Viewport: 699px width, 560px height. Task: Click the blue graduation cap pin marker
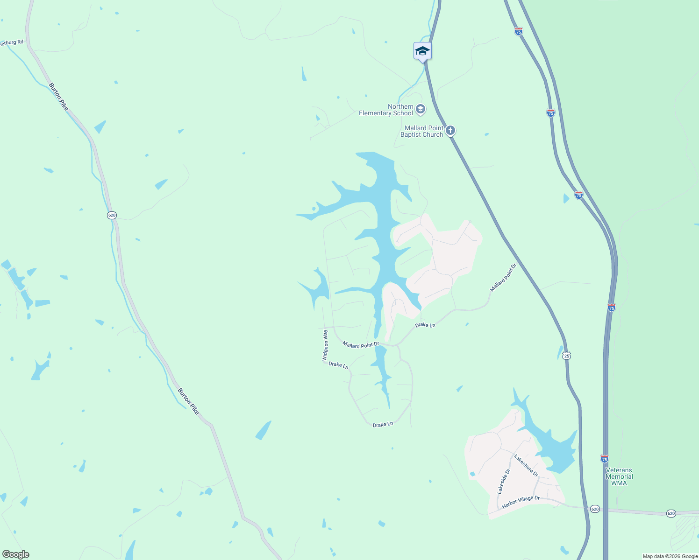[422, 51]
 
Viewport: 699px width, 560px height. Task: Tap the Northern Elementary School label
[386, 110]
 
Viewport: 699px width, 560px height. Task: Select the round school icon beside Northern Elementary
[420, 110]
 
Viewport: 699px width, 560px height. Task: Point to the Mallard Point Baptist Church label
[421, 132]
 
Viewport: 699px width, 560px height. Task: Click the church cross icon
[450, 130]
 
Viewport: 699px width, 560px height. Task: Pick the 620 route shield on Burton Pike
[112, 215]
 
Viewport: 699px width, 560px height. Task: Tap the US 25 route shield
[567, 356]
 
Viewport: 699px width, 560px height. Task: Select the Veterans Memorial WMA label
[619, 476]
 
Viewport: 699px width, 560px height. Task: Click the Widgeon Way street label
[325, 345]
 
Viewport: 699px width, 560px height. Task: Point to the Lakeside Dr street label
[504, 481]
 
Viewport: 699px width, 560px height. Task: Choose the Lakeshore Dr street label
[526, 466]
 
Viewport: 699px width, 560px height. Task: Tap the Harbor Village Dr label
[521, 502]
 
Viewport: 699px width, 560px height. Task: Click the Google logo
[16, 554]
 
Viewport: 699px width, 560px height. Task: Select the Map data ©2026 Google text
[670, 556]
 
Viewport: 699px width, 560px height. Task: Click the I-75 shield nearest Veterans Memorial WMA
[605, 459]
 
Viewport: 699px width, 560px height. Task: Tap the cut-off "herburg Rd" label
[11, 42]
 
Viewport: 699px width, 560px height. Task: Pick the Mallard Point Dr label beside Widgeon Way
[361, 345]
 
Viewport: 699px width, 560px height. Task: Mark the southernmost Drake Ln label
[383, 424]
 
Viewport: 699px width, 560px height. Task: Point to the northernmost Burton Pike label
[58, 97]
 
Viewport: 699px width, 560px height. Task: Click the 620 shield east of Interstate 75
[671, 513]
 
